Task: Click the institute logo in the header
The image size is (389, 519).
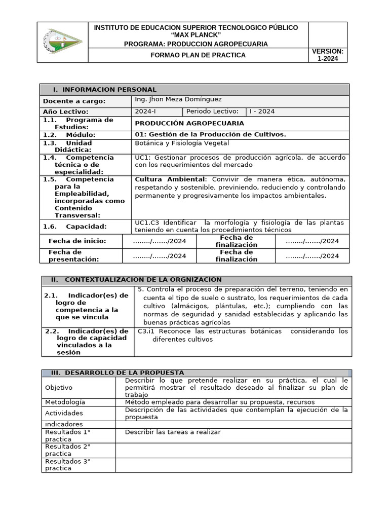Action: (62, 42)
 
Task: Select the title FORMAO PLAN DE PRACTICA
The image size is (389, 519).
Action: (199, 55)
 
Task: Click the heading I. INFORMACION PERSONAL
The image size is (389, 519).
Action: (105, 90)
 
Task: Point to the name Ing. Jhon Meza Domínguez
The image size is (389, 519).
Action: (178, 99)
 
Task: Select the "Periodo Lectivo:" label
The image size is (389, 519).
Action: (212, 112)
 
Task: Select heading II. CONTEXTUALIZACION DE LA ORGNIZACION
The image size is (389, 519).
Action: (136, 280)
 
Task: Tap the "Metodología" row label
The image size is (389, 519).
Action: (65, 402)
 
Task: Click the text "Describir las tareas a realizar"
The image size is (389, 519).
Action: (173, 432)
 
